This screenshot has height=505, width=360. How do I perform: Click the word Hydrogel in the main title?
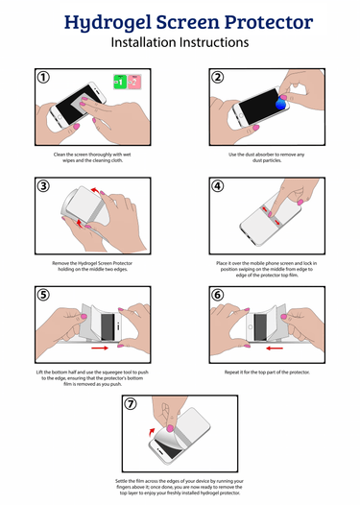click(x=101, y=21)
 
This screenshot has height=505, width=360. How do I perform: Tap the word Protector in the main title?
click(x=272, y=21)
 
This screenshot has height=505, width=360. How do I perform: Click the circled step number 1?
click(x=42, y=77)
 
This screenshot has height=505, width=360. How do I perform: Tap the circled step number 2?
click(x=218, y=77)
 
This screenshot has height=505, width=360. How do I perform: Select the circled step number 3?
click(x=42, y=186)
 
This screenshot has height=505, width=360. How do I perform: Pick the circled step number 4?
click(x=218, y=186)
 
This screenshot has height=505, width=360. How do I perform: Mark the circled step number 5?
click(x=42, y=295)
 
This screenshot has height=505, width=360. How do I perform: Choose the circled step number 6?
click(x=218, y=295)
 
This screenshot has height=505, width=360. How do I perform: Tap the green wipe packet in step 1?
click(x=119, y=83)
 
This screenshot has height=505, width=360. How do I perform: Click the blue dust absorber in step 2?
click(x=280, y=100)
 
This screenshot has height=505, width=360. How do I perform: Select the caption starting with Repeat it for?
click(x=268, y=370)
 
